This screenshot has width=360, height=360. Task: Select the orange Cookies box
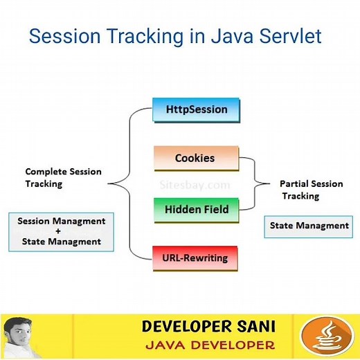click(x=195, y=158)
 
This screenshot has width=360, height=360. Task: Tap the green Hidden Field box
click(x=196, y=209)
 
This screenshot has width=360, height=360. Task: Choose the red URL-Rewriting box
click(x=195, y=258)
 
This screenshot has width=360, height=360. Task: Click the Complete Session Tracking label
click(x=63, y=177)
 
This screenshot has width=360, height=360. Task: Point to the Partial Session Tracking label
click(x=312, y=190)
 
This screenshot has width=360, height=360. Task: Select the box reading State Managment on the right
click(x=308, y=226)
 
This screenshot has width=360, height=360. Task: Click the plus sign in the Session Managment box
click(x=61, y=231)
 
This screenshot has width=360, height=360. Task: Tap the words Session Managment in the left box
click(x=62, y=222)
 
